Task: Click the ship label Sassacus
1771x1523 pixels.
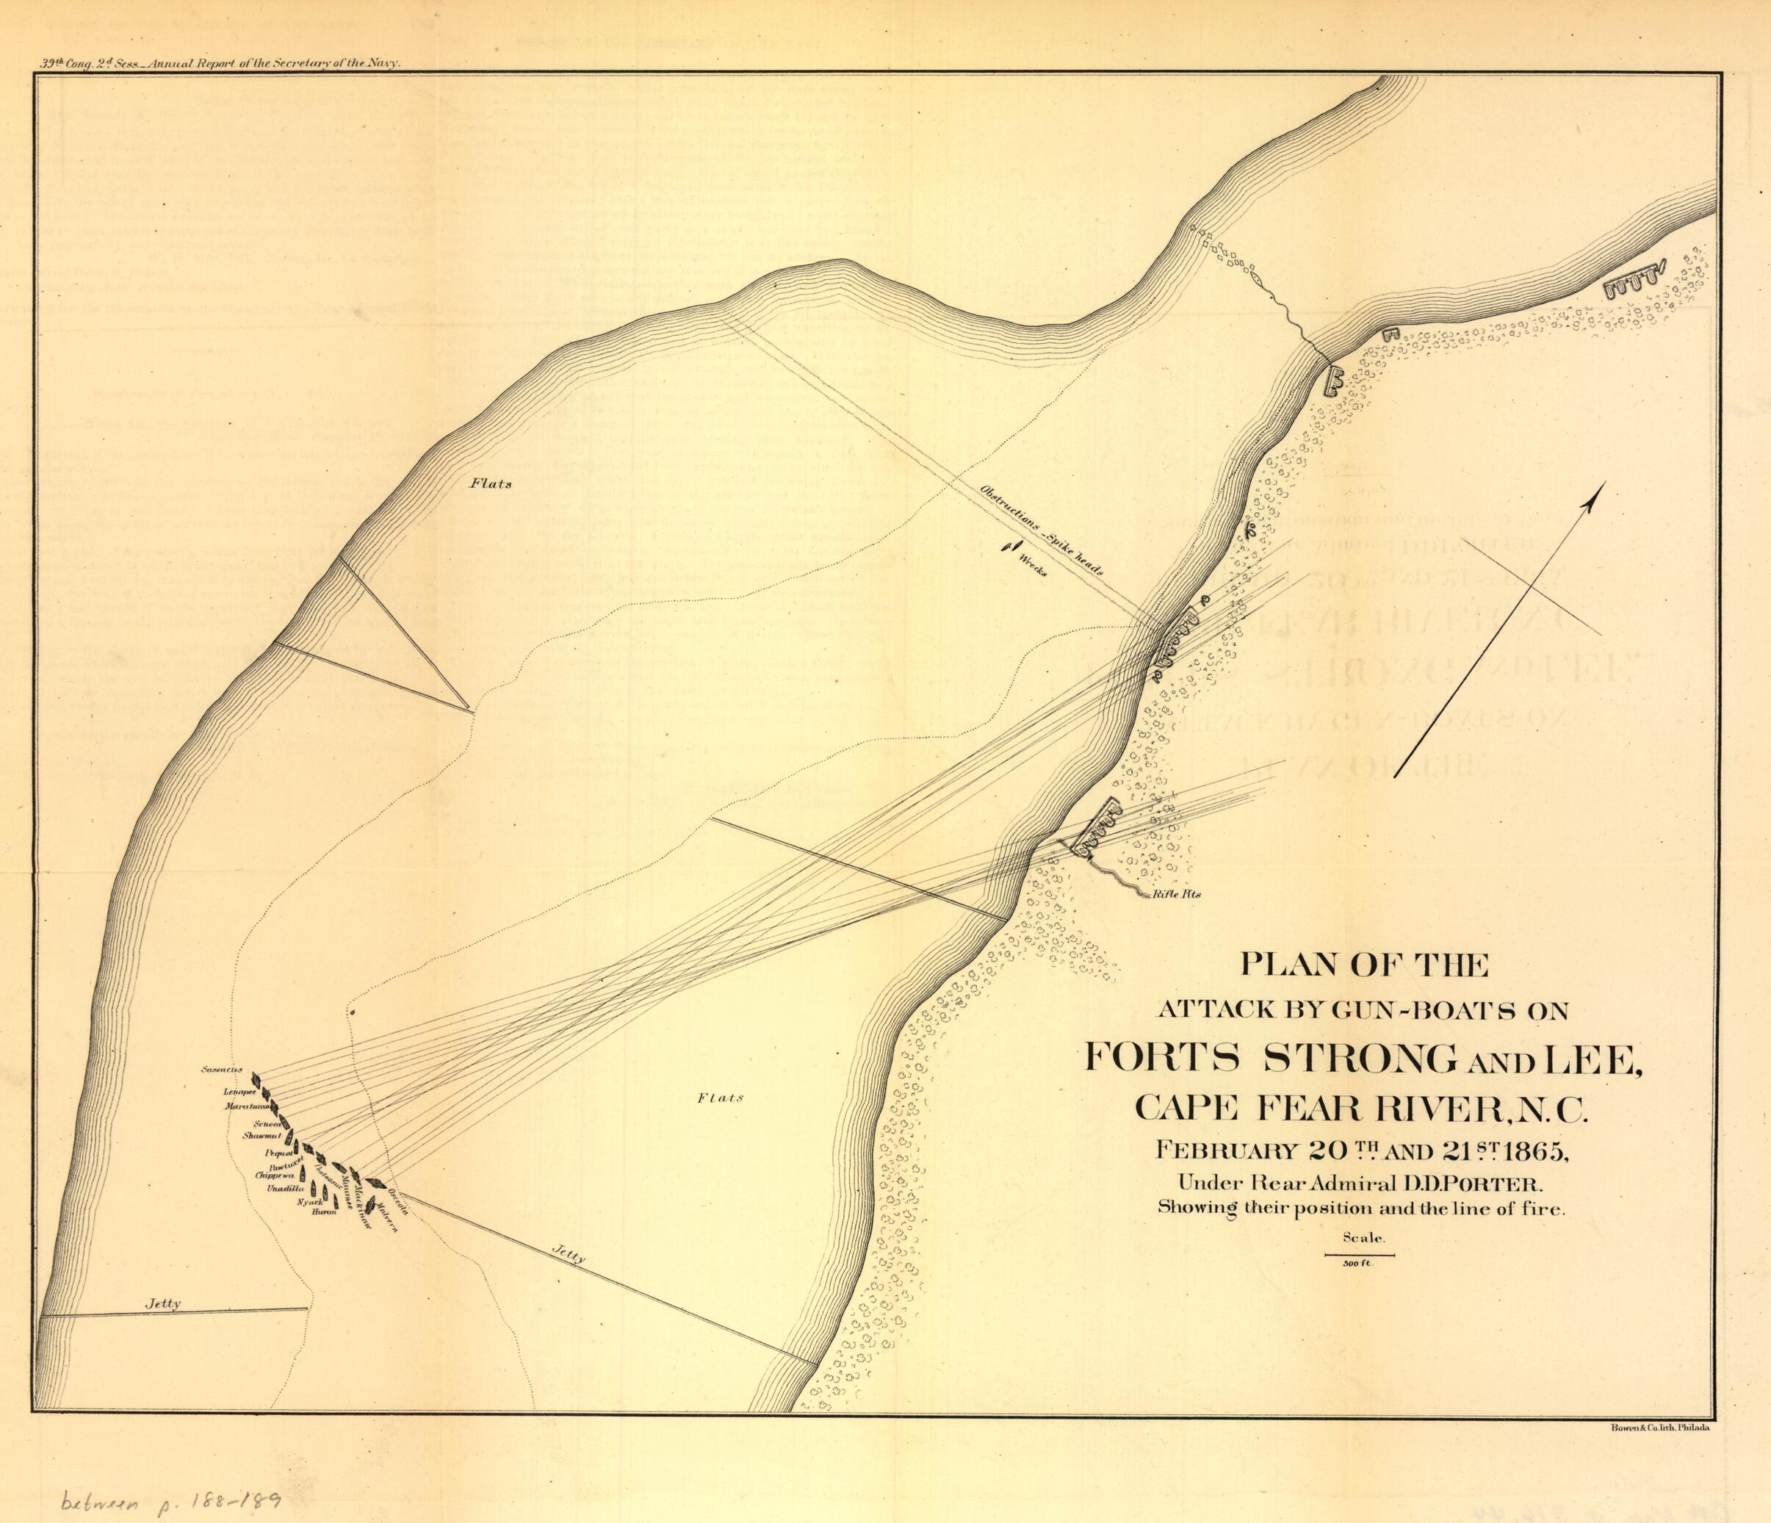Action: click(x=223, y=1070)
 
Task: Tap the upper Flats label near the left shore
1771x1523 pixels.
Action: click(x=491, y=483)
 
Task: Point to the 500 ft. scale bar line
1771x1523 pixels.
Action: click(x=1358, y=1255)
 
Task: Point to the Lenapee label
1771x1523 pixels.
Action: click(x=240, y=1092)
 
